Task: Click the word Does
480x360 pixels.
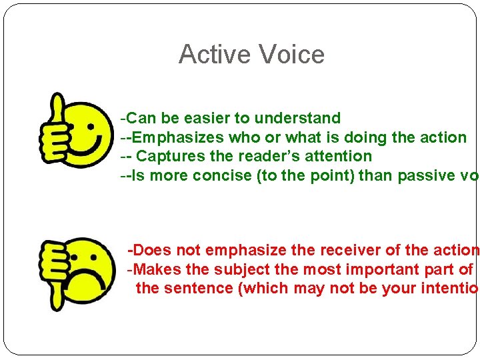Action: (x=150, y=251)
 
